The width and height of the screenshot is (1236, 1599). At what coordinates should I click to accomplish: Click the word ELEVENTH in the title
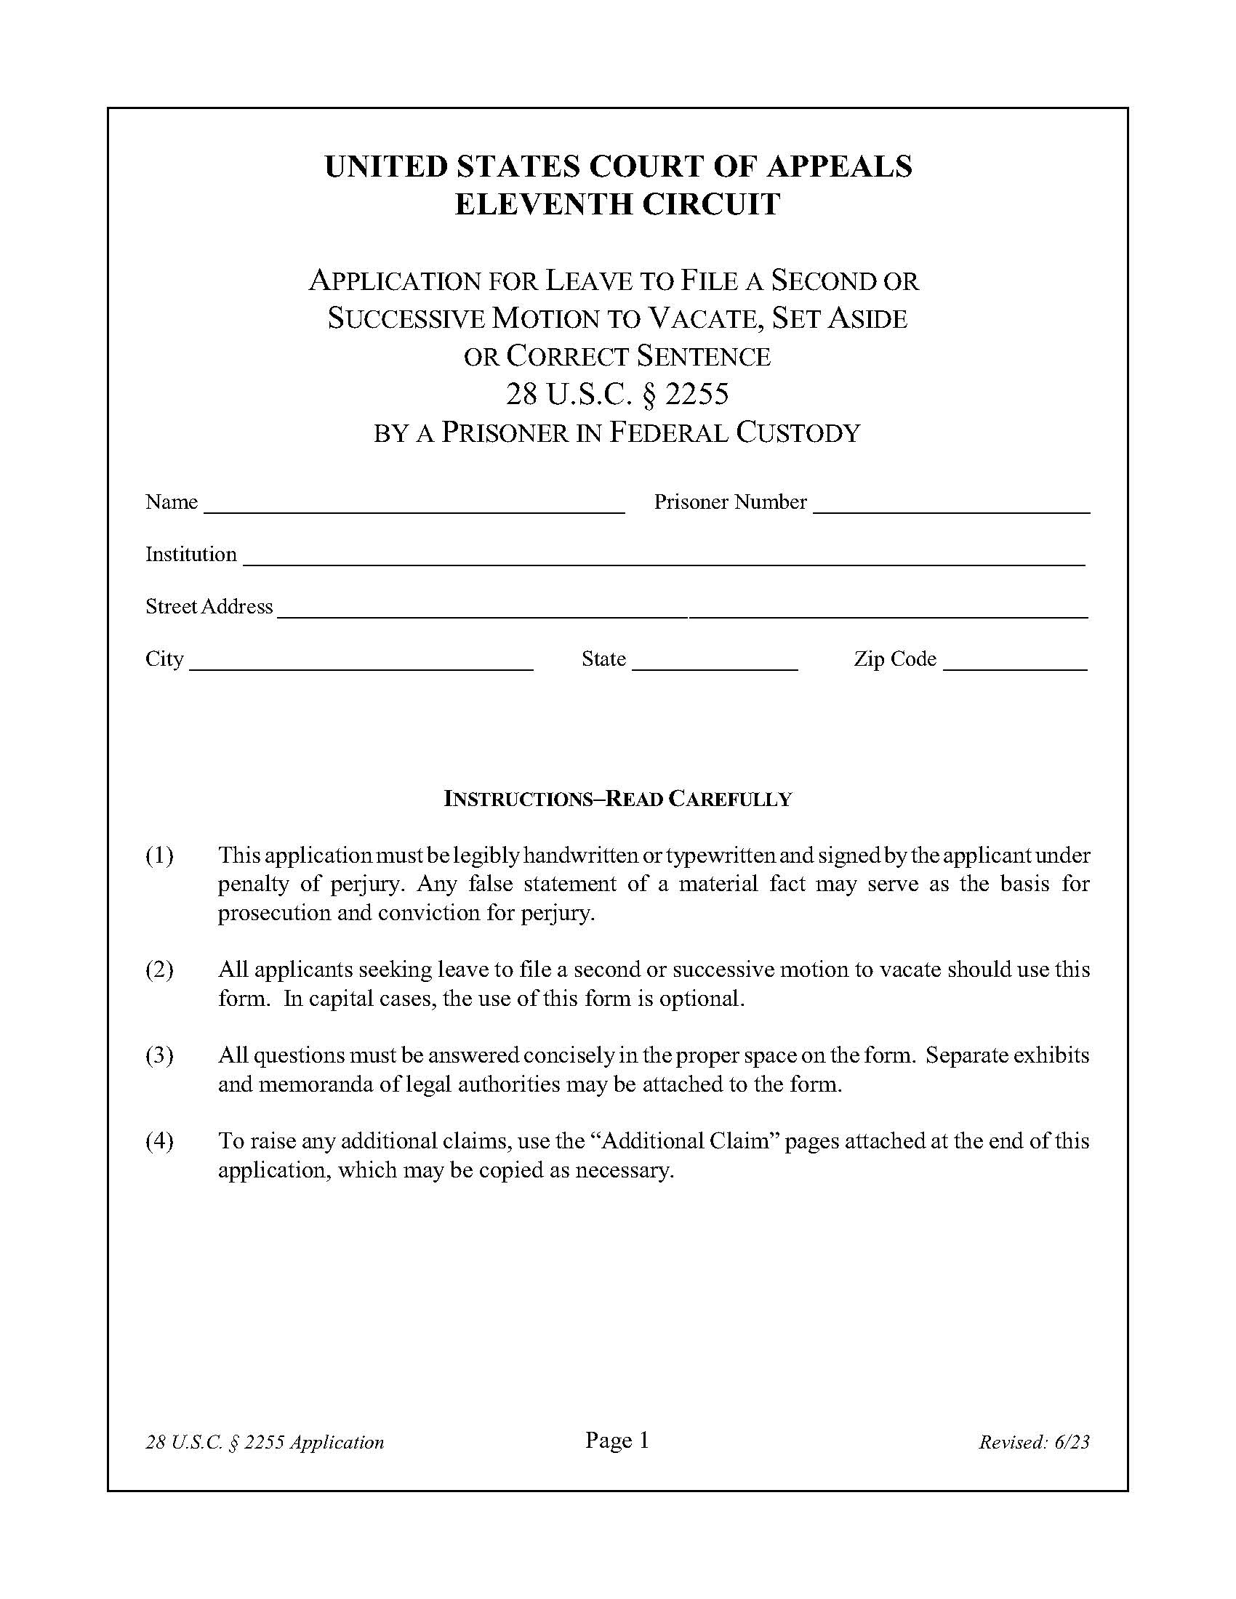click(x=543, y=204)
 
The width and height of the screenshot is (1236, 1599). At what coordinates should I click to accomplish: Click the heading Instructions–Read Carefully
click(x=617, y=799)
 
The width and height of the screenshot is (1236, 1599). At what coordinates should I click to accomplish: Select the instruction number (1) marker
click(x=160, y=855)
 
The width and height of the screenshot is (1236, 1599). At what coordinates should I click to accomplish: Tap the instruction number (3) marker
click(x=160, y=1055)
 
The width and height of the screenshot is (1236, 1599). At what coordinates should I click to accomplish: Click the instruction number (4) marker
click(x=160, y=1140)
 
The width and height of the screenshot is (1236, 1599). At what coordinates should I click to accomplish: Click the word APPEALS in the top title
click(x=839, y=166)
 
